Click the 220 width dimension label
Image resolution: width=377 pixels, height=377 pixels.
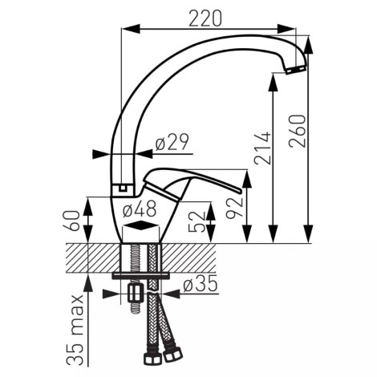point(205,18)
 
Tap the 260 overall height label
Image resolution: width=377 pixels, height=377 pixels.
point(298,131)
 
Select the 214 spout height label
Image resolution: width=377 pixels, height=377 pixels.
point(263,148)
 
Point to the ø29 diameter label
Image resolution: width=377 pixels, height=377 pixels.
point(172,142)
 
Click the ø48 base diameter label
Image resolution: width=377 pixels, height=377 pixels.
point(140,209)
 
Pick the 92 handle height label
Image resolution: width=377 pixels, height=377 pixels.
point(235,208)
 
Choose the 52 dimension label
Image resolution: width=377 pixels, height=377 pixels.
point(197,221)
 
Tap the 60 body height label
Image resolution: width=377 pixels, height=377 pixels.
point(72,221)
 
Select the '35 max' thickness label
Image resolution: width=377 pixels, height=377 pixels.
point(75,330)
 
